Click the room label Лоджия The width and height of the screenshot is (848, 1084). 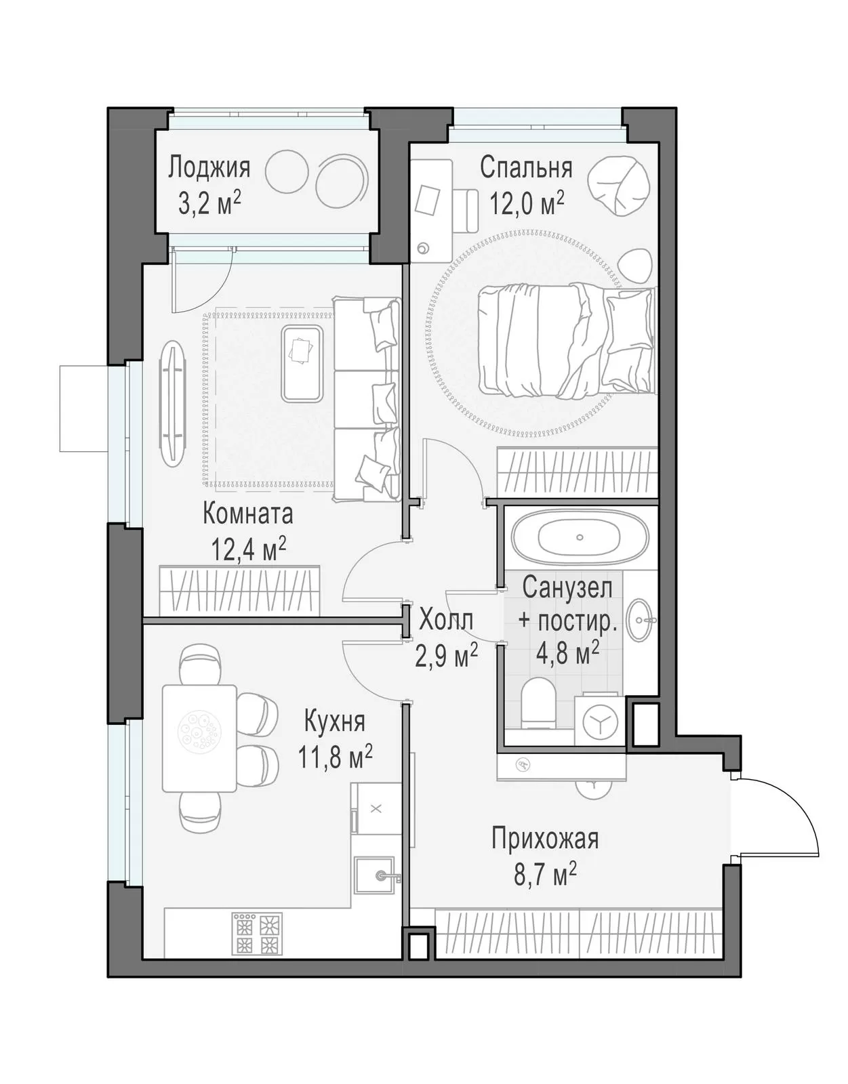click(x=209, y=167)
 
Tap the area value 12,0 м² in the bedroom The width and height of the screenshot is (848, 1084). click(x=527, y=203)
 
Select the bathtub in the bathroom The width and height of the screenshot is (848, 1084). click(x=579, y=537)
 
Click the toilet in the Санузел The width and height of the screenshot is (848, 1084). click(x=538, y=703)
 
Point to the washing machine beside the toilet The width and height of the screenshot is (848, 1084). click(x=600, y=721)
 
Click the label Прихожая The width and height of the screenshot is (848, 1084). click(x=545, y=838)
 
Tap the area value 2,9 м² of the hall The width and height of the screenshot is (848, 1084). click(x=446, y=656)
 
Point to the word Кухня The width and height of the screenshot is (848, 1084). click(x=334, y=722)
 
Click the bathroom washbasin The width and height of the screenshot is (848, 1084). click(x=640, y=619)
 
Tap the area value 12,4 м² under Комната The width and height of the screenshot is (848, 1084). click(x=249, y=549)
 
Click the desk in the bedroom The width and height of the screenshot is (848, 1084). click(x=430, y=211)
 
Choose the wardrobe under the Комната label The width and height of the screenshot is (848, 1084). click(x=239, y=591)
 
